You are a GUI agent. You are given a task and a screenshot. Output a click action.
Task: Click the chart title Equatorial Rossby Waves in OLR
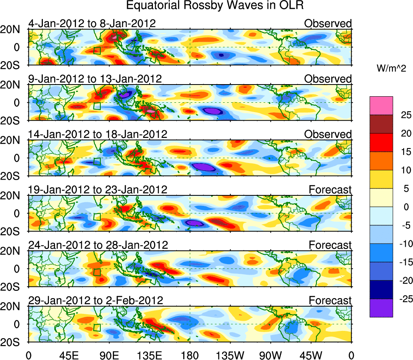214,6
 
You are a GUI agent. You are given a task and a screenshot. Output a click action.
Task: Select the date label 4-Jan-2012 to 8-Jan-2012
92,23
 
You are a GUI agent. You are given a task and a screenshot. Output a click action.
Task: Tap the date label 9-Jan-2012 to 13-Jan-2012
95,79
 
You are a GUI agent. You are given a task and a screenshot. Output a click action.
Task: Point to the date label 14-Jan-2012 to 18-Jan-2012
97,134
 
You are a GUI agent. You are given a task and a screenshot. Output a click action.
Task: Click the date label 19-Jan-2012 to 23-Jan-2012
97,190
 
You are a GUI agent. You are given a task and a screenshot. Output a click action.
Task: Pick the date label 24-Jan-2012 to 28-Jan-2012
97,245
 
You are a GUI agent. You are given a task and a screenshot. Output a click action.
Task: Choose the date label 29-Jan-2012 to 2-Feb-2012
95,301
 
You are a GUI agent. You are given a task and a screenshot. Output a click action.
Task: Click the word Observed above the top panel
328,23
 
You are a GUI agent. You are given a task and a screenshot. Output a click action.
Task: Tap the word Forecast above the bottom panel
330,301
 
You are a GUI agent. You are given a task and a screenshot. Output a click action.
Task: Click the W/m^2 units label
391,69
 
